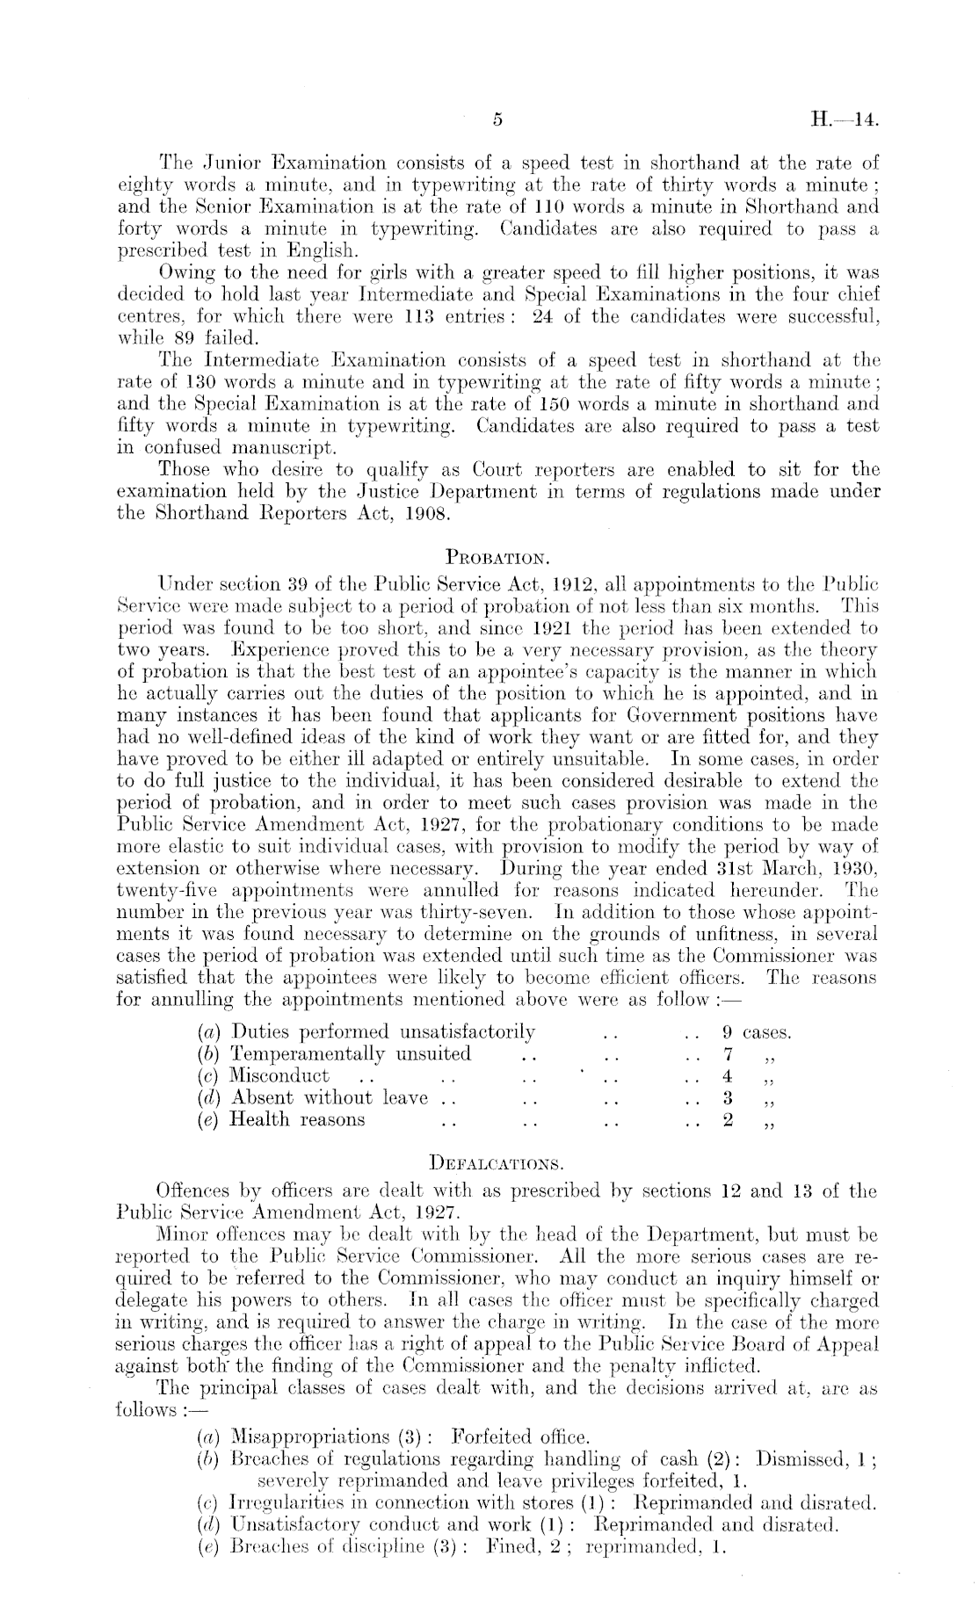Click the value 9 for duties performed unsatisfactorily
[x=728, y=1031]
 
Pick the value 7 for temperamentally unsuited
[x=728, y=1053]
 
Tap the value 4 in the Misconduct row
[x=728, y=1075]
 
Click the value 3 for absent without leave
[x=728, y=1096]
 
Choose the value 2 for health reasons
[x=728, y=1118]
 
